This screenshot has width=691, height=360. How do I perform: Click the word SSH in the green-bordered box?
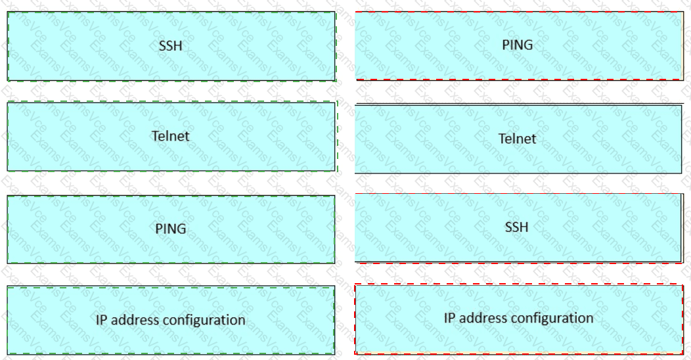pos(170,46)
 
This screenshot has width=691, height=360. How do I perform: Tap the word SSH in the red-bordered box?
pos(517,227)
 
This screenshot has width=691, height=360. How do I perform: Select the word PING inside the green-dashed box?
pos(171,229)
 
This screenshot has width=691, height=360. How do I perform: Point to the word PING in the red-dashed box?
pos(517,45)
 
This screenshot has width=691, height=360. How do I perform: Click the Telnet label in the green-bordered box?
pos(170,136)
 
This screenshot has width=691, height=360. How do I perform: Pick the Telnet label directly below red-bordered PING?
pos(517,139)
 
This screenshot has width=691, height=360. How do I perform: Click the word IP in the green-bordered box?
pos(102,320)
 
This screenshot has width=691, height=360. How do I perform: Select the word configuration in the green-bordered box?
pos(204,321)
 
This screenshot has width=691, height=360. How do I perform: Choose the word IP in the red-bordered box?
pos(450,318)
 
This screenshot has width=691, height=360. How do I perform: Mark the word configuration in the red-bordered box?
pos(552,319)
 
